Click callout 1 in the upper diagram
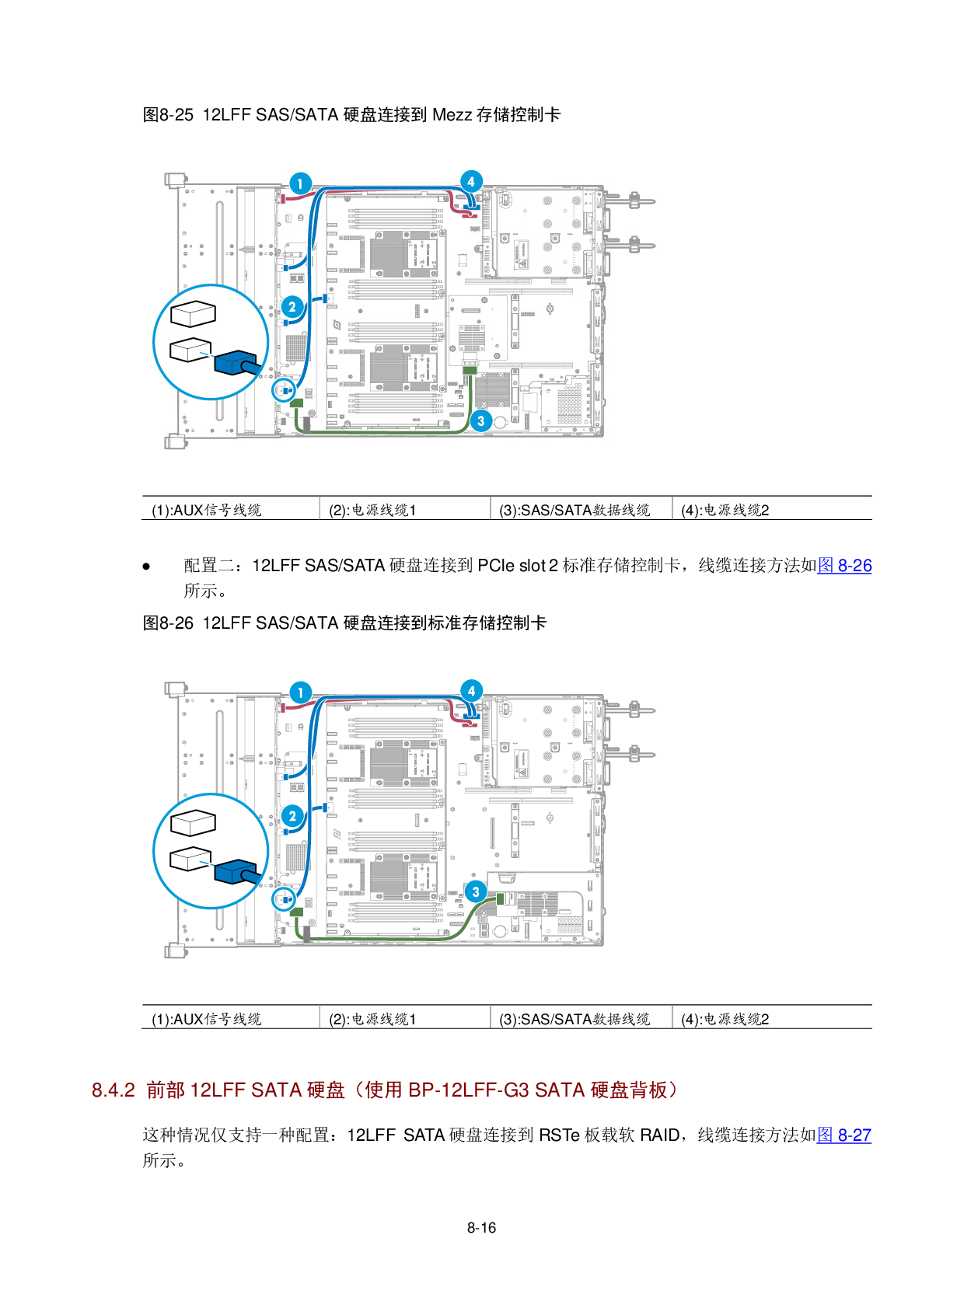click(300, 183)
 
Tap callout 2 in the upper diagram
click(292, 306)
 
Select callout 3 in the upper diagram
click(480, 420)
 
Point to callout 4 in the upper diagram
click(470, 182)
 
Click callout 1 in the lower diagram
click(300, 692)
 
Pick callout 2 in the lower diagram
click(292, 815)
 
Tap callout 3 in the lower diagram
click(475, 891)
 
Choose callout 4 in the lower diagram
click(471, 691)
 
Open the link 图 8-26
click(844, 565)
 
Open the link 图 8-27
click(844, 1135)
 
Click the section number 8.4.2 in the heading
click(114, 1090)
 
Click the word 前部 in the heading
click(166, 1090)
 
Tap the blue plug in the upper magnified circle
click(236, 363)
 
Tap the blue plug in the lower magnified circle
click(236, 872)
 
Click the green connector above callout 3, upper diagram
click(469, 370)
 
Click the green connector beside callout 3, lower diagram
click(501, 899)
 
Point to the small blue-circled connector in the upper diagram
click(284, 388)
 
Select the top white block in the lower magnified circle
click(193, 821)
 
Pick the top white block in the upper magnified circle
click(193, 313)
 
